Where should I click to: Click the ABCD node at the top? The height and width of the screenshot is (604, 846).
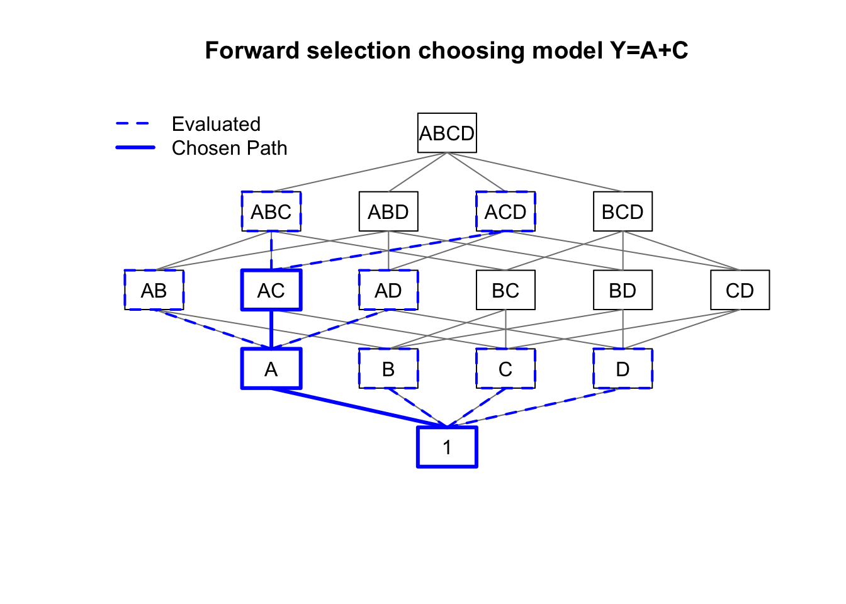[447, 133]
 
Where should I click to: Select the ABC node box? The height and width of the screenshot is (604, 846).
[271, 211]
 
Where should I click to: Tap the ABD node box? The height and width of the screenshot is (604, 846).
[388, 211]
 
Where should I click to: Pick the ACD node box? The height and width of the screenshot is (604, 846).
[505, 211]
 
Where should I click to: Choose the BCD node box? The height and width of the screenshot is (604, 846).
[623, 211]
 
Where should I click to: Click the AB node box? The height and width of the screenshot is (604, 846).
[154, 290]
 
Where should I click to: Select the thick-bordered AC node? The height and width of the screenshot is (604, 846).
[271, 290]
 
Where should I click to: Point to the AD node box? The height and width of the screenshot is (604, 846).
[388, 290]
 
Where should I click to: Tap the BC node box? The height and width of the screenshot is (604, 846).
[505, 290]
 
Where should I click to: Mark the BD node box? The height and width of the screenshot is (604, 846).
[623, 290]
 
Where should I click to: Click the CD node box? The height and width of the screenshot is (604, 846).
[740, 290]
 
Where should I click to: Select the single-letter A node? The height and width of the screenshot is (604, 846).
[271, 369]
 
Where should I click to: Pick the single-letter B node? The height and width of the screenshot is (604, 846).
[388, 369]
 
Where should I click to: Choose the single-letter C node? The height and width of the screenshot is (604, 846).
[505, 369]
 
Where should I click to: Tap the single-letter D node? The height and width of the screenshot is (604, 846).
[623, 369]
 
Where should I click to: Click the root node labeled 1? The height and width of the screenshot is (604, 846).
[447, 447]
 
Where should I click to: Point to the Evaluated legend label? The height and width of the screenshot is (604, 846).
[216, 124]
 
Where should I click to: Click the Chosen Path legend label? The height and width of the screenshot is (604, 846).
[229, 148]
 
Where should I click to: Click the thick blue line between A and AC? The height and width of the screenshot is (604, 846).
[271, 329]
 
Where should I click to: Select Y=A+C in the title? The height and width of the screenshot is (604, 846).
[648, 50]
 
